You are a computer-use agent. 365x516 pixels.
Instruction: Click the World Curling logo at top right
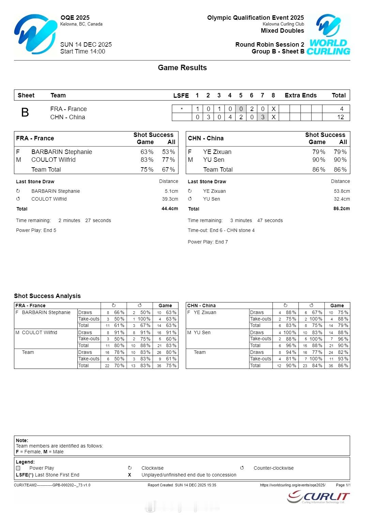point(328,34)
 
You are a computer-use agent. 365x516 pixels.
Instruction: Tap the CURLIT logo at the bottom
point(318,497)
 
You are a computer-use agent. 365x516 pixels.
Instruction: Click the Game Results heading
point(182,68)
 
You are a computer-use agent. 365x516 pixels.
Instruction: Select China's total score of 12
point(340,117)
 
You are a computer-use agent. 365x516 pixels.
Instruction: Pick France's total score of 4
point(341,109)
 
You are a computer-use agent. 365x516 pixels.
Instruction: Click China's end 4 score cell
point(230,117)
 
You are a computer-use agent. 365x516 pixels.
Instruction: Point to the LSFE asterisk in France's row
point(182,109)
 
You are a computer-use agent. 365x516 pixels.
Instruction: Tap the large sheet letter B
point(25,112)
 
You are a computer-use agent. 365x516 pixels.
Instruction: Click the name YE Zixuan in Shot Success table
point(217,152)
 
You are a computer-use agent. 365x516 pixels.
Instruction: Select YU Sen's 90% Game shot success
point(319,160)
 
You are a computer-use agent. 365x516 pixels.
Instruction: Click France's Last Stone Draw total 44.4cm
point(170,209)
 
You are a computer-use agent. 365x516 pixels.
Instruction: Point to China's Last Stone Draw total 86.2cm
point(341,209)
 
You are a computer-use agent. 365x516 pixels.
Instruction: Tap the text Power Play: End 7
point(208,242)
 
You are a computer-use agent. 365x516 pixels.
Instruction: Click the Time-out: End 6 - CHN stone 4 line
point(221,231)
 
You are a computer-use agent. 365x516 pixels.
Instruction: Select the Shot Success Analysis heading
point(47,296)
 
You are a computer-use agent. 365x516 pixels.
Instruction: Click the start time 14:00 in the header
point(97,51)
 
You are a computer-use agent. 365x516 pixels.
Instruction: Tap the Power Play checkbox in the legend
point(18,468)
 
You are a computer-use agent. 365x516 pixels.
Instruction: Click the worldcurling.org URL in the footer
point(292,485)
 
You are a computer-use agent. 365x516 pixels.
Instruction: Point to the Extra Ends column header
point(301,95)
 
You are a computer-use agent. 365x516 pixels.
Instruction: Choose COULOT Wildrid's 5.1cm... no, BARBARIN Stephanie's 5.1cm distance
point(171,191)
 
